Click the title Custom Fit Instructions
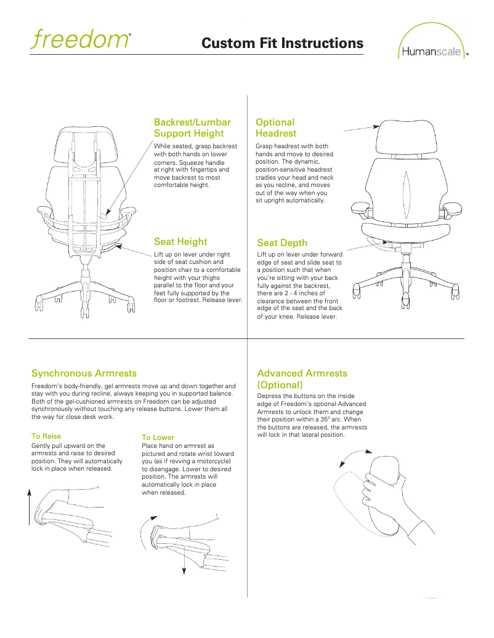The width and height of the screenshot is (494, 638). (282, 44)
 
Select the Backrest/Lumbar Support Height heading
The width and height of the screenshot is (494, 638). (192, 127)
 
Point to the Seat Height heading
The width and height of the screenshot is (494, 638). (180, 242)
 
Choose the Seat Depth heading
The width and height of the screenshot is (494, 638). (282, 243)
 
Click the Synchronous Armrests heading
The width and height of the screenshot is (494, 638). (84, 373)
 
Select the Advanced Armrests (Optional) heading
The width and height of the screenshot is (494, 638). (302, 379)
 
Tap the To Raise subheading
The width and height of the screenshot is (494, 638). (46, 436)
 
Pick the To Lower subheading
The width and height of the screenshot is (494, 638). (158, 437)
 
